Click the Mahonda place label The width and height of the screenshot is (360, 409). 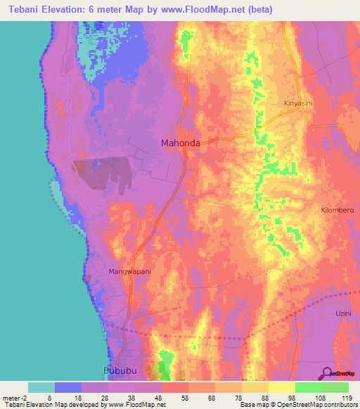(x=181, y=143)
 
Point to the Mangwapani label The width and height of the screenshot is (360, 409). (x=130, y=271)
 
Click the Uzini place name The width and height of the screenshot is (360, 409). (x=343, y=311)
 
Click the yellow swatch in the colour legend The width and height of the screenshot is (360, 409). (x=281, y=387)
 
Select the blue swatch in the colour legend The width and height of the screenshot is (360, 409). (x=67, y=387)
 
